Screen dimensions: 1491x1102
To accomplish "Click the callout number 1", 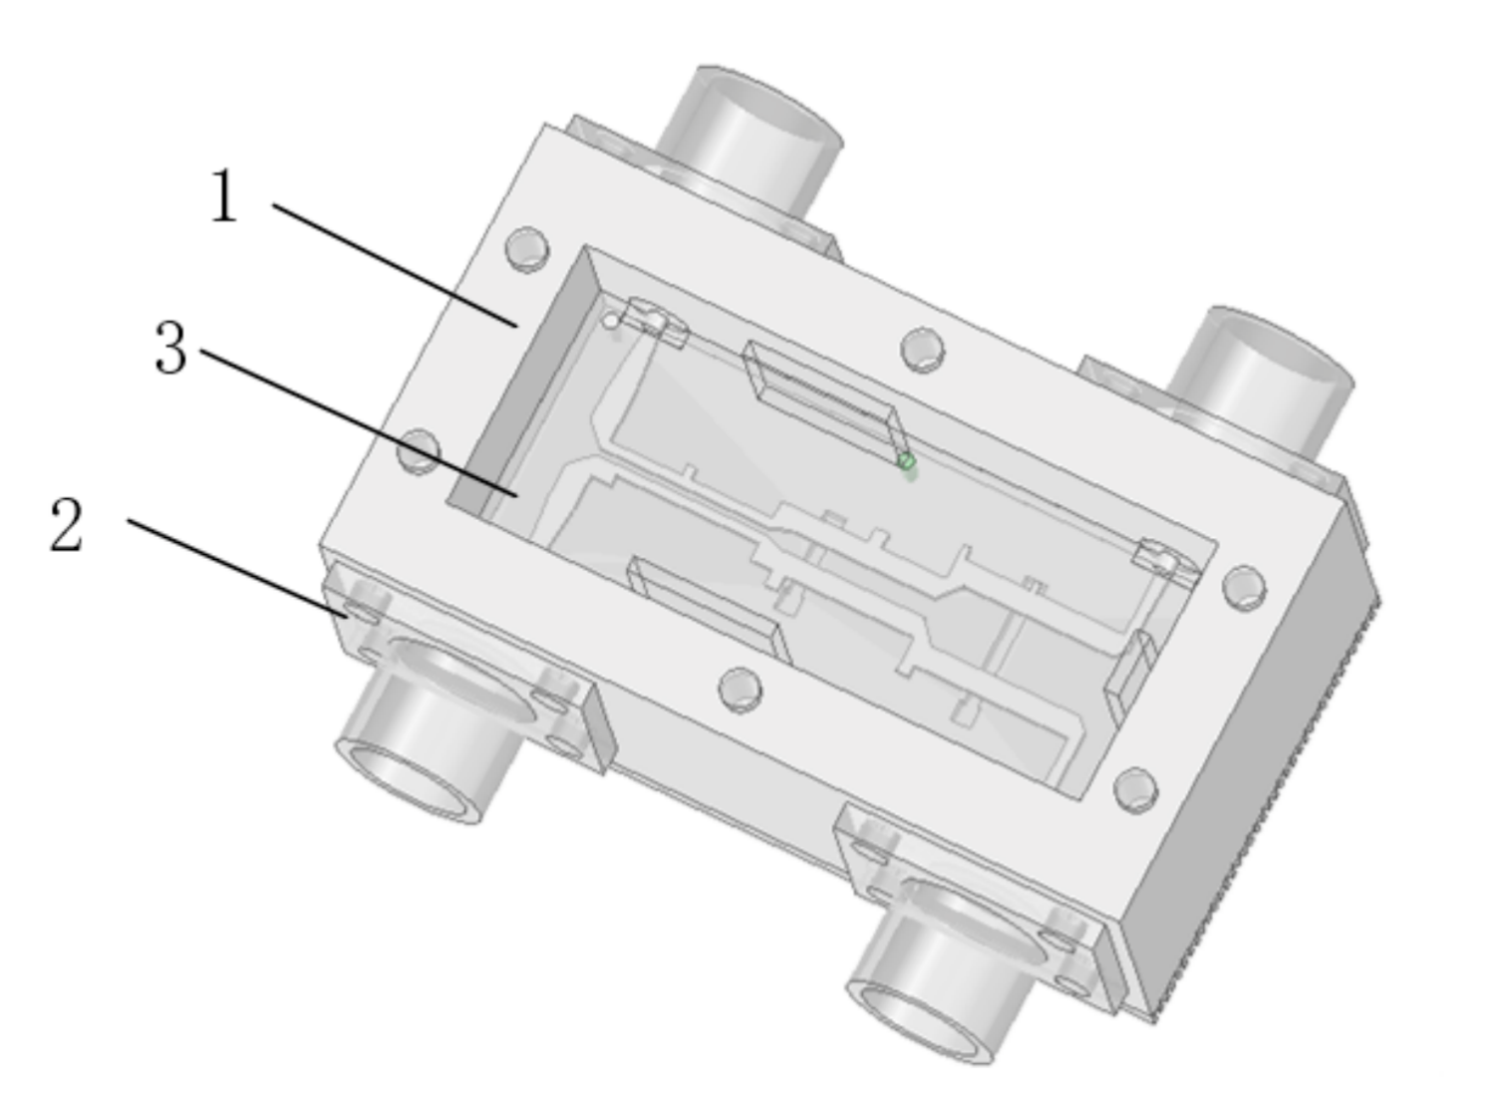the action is click(x=224, y=195).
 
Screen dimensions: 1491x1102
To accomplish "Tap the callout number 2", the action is click(x=67, y=525).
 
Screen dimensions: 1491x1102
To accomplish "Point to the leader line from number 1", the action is click(x=395, y=265).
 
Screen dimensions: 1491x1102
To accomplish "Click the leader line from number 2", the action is click(x=237, y=568).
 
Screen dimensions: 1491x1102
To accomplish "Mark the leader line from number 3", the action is click(x=359, y=422).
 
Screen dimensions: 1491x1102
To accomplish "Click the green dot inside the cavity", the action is click(x=906, y=462).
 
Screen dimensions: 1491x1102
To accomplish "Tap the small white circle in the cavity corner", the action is click(x=610, y=322).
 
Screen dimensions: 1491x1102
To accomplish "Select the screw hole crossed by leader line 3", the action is click(x=419, y=451).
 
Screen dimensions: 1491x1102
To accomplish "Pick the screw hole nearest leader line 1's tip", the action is click(x=527, y=250).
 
